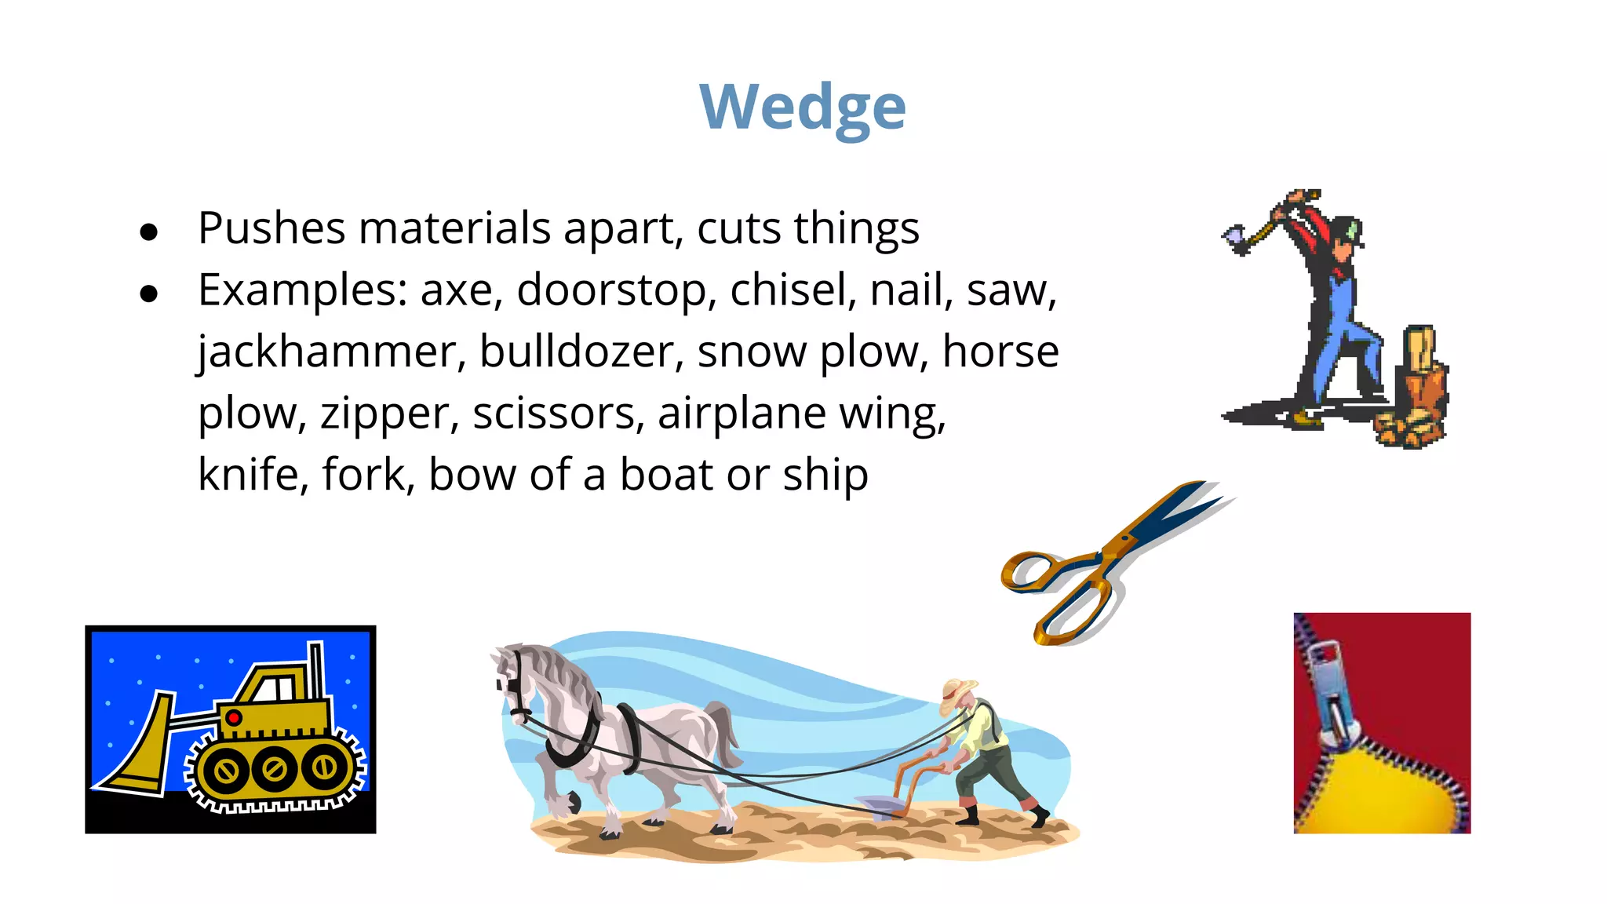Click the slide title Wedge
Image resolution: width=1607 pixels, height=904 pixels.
coord(802,107)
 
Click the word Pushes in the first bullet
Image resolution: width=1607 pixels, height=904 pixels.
coord(271,228)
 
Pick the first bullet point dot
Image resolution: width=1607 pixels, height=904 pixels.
coord(148,232)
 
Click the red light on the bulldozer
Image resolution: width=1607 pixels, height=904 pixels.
coord(233,717)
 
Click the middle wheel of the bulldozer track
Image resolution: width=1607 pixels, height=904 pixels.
coord(274,768)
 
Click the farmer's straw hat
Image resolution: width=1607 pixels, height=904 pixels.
coord(959,691)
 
